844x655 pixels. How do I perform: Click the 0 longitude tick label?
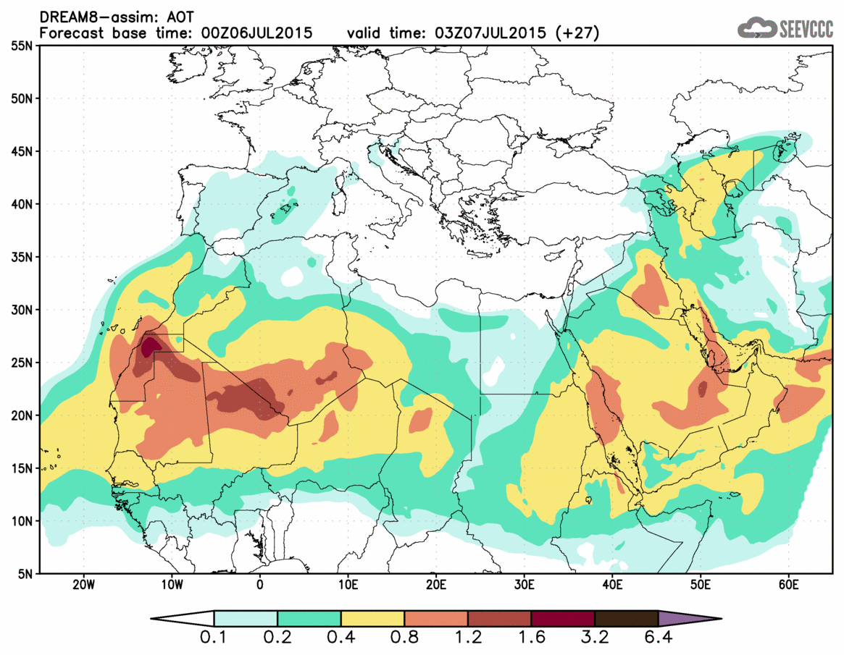click(260, 585)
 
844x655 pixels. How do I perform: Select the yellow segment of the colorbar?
click(372, 619)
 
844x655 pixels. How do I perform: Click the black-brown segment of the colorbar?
click(626, 619)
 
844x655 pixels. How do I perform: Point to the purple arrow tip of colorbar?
click(688, 619)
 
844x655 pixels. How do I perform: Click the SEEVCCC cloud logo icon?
click(756, 28)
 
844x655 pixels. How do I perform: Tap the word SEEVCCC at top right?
click(806, 29)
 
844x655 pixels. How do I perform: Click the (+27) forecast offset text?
click(574, 33)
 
